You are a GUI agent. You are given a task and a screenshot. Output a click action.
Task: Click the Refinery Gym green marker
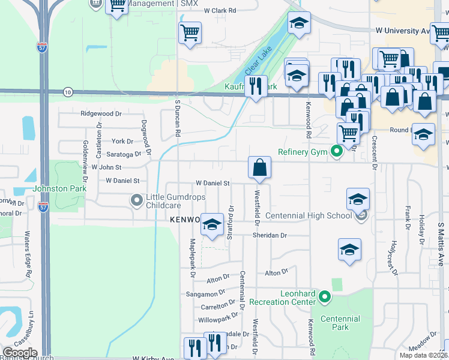pyautogui.click(x=337, y=152)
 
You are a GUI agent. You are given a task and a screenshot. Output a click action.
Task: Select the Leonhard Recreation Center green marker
pyautogui.click(x=325, y=296)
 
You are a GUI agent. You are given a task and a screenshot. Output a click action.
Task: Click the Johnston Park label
pyautogui.click(x=60, y=188)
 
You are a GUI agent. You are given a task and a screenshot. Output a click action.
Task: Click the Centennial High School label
pyautogui.click(x=308, y=215)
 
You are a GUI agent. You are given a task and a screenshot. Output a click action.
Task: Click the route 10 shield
pyautogui.click(x=67, y=92)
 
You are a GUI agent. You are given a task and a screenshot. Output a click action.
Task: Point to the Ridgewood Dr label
pyautogui.click(x=101, y=113)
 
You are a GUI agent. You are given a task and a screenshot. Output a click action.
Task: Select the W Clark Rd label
pyautogui.click(x=220, y=10)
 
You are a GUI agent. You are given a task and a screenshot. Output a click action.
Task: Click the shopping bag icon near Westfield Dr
pyautogui.click(x=259, y=169)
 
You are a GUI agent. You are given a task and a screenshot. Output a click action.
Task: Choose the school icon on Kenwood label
pyautogui.click(x=211, y=226)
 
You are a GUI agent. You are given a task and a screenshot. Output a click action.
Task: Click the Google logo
pyautogui.click(x=20, y=353)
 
